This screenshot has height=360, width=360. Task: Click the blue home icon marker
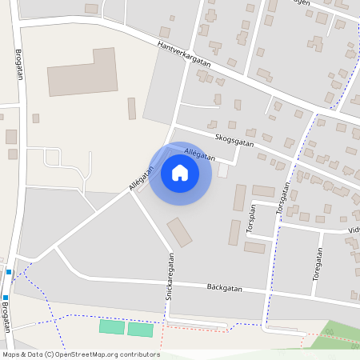180,173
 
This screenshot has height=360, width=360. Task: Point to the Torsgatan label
282,198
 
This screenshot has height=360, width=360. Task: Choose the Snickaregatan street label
170,277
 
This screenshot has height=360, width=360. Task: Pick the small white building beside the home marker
222,170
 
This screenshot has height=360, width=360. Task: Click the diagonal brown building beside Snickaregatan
180,232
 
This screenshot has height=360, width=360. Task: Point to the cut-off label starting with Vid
353,230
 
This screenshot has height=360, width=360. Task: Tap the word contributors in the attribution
138,354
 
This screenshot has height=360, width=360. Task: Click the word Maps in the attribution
11,354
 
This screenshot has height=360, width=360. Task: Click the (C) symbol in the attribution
49,354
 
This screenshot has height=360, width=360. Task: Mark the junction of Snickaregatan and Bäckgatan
170,283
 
